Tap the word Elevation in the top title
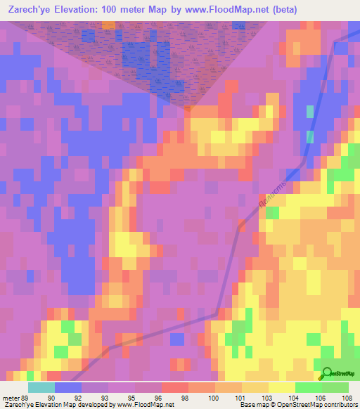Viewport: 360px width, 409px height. tap(90, 10)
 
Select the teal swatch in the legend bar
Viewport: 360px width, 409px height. tap(41, 387)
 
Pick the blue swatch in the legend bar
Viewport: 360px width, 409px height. tap(67, 387)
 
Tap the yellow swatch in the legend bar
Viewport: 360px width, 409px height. tap(281, 387)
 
